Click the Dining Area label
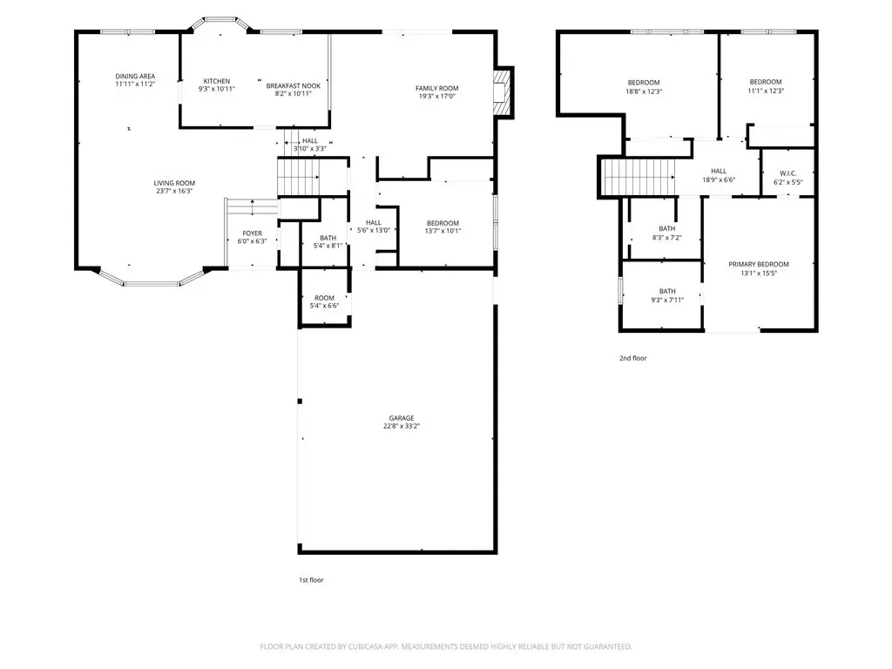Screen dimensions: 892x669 coord(135,77)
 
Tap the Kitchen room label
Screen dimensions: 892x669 coord(217,81)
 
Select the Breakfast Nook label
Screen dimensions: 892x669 coord(293,86)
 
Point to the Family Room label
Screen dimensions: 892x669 coord(437,88)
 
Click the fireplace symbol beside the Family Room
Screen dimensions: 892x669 coord(503,92)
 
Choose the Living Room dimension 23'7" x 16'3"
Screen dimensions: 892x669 coord(174,191)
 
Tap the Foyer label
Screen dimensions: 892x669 coord(252,233)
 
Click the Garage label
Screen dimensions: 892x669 coord(402,418)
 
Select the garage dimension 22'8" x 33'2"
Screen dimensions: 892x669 coord(402,426)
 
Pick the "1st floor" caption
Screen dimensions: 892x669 coord(311,580)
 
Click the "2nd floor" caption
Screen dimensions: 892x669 coord(633,358)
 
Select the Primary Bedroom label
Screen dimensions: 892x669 coord(759,264)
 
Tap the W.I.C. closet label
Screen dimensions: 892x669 coord(787,173)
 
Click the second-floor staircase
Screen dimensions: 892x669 coord(639,177)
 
